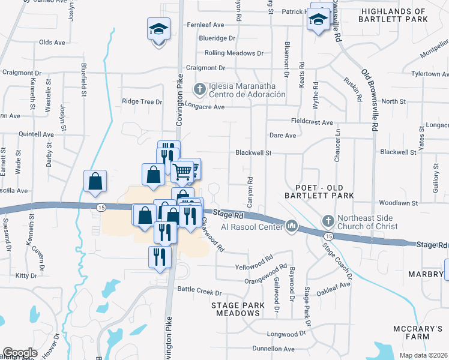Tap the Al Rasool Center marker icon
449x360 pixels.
coord(292,226)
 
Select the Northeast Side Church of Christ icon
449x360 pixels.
coord(328,221)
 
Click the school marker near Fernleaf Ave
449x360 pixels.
coord(159,28)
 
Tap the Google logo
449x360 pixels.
coord(20,353)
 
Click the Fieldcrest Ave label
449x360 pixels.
coord(311,122)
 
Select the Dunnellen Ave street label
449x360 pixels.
coord(273,349)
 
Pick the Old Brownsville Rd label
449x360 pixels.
coord(369,100)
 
